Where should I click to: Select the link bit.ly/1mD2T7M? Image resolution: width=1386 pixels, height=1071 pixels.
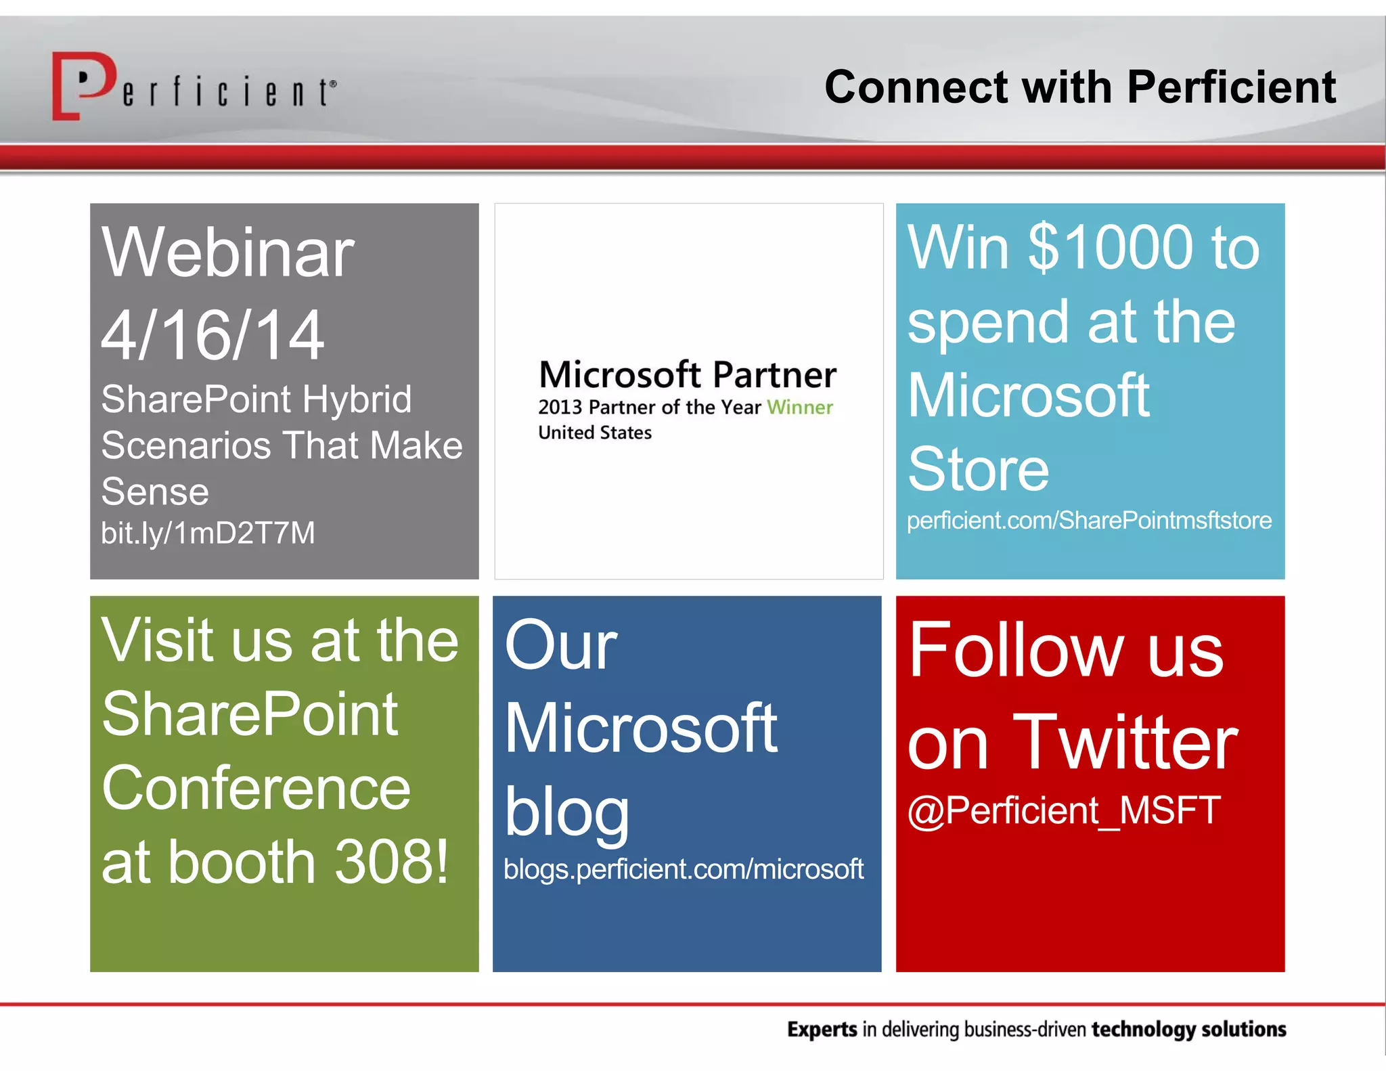point(208,533)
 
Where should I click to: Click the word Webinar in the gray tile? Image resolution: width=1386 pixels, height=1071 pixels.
point(227,252)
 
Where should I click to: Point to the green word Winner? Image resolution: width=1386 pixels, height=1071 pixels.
point(799,407)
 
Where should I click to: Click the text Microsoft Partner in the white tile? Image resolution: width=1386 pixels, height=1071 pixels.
point(687,374)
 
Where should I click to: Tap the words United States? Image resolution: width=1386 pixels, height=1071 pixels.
point(594,433)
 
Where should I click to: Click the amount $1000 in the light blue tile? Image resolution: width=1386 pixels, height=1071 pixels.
point(1111,247)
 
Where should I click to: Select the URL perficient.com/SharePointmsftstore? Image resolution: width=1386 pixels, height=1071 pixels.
point(1088,520)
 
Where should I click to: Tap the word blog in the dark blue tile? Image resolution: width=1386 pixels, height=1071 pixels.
point(566,812)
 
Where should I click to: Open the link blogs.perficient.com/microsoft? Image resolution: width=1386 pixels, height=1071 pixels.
point(683,869)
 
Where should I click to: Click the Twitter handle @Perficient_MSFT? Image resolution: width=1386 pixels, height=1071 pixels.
point(1063,810)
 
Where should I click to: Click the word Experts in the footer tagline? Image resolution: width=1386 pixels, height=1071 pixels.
point(822,1029)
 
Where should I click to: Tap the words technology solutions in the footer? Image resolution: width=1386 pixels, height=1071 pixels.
point(1188,1029)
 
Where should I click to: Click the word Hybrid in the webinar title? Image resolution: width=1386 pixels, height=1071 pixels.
point(356,399)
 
